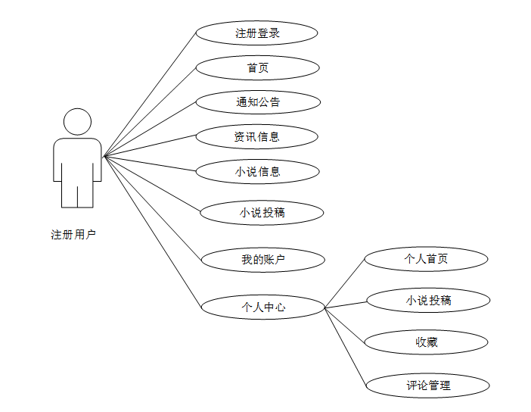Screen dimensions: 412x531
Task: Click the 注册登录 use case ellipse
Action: (x=256, y=33)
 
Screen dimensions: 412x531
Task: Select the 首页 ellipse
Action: (x=257, y=68)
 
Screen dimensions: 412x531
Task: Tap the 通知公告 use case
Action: (x=257, y=101)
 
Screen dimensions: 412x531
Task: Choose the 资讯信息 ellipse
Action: (x=256, y=137)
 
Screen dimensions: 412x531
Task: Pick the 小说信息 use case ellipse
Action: (x=257, y=171)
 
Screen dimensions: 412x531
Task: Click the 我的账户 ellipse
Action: (x=262, y=261)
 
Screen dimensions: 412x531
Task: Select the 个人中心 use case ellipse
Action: (x=262, y=307)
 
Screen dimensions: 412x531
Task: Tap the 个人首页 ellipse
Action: (x=426, y=259)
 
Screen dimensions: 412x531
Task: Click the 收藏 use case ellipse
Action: (x=426, y=342)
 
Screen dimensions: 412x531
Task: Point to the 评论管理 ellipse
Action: (x=427, y=385)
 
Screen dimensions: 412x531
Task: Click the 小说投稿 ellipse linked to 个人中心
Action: (x=428, y=301)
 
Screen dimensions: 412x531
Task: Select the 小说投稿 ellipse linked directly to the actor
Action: (x=262, y=213)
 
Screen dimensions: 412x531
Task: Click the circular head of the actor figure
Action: (x=77, y=122)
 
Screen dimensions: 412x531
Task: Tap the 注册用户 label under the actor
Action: (x=73, y=235)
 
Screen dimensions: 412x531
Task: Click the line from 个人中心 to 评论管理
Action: (x=346, y=346)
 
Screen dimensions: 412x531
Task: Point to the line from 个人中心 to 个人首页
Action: (x=345, y=283)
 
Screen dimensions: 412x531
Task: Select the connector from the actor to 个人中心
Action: (x=152, y=232)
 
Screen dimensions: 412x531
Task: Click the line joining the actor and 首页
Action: (x=150, y=113)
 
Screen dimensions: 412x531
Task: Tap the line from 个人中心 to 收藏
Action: (x=345, y=325)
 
